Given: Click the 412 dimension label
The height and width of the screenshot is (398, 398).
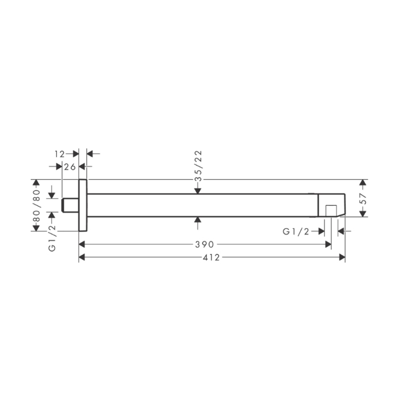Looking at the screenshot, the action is pyautogui.click(x=211, y=258).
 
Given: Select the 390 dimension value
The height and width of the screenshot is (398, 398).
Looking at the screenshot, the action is pyautogui.click(x=205, y=244).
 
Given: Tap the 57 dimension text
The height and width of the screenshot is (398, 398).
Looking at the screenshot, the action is pyautogui.click(x=363, y=198).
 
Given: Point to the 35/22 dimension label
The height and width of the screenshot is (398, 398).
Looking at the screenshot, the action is pyautogui.click(x=198, y=166).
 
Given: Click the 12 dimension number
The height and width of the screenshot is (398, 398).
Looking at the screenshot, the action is pyautogui.click(x=60, y=154).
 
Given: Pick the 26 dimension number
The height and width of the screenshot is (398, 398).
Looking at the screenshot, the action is pyautogui.click(x=70, y=167).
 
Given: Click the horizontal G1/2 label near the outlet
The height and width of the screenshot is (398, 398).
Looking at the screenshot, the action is pyautogui.click(x=296, y=231).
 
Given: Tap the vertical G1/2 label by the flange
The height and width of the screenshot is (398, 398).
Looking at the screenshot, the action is pyautogui.click(x=52, y=238).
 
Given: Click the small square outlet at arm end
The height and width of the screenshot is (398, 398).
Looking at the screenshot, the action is pyautogui.click(x=331, y=211).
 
